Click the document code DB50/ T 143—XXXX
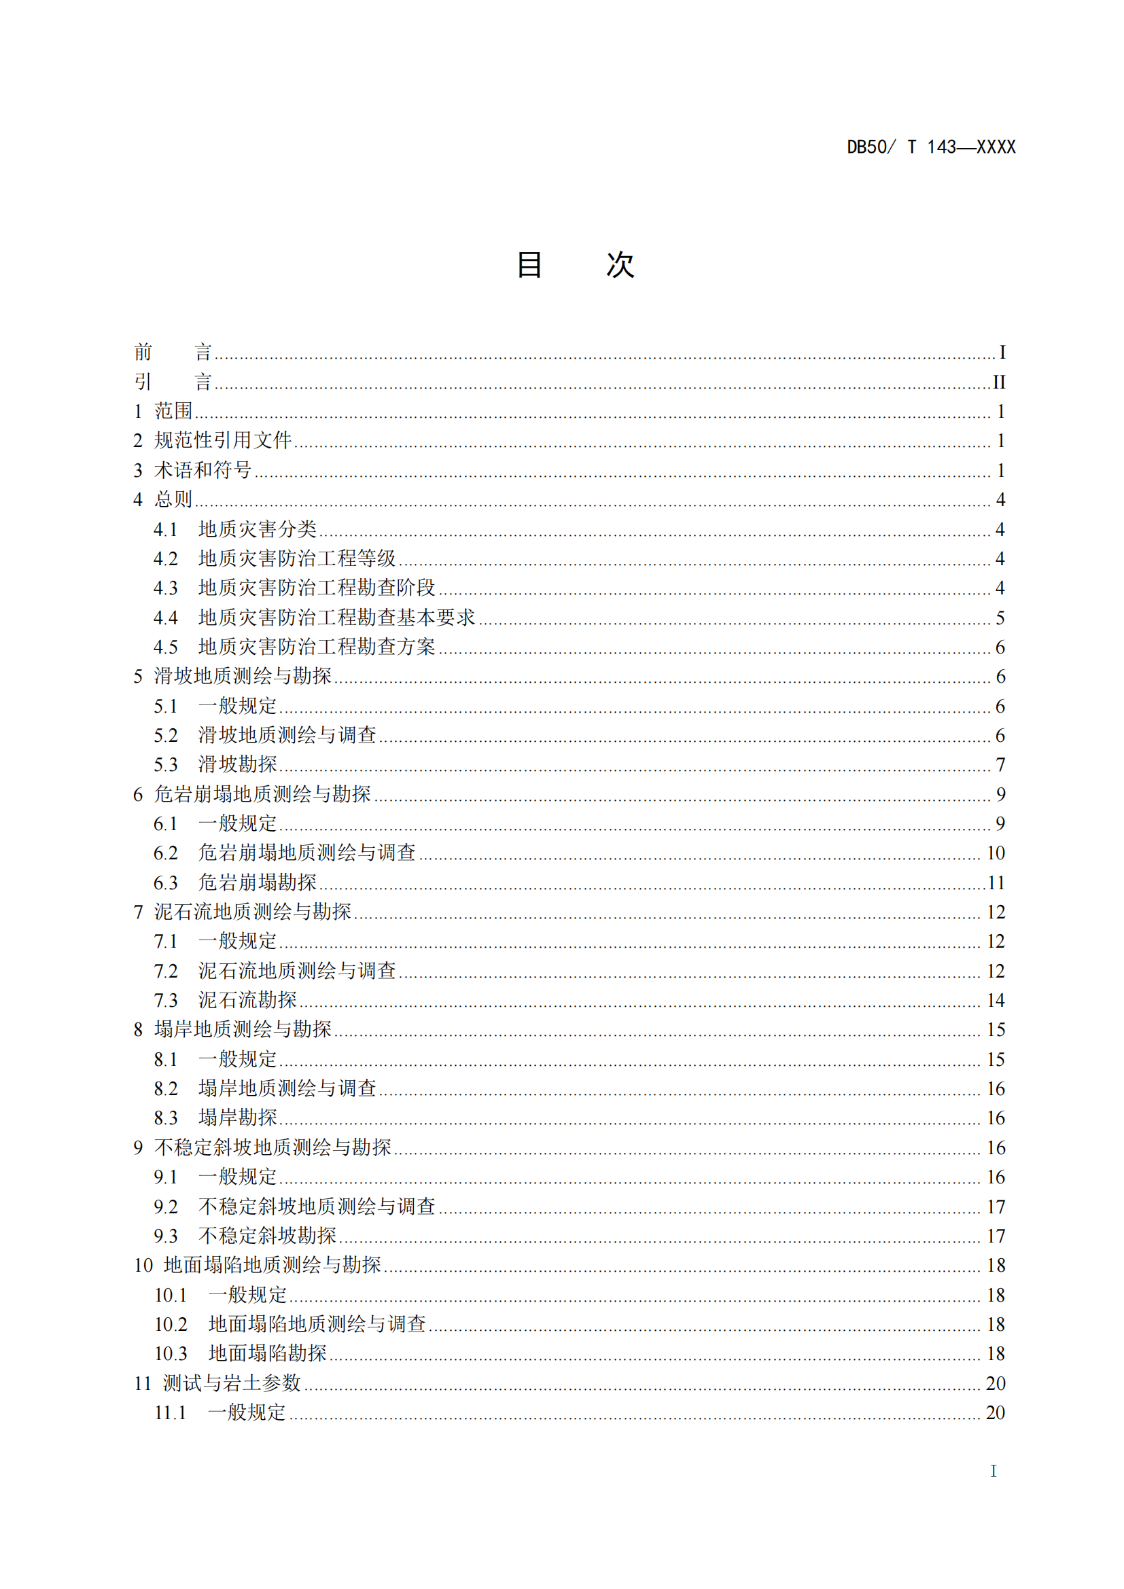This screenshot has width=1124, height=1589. (931, 147)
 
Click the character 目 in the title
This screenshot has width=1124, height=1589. (529, 264)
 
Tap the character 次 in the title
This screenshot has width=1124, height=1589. (620, 264)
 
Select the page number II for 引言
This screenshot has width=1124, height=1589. (999, 382)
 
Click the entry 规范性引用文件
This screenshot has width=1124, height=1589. (223, 440)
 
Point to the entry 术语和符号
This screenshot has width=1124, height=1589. (203, 470)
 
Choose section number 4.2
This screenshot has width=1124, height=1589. (165, 558)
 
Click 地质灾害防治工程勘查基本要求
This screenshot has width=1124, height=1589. (336, 618)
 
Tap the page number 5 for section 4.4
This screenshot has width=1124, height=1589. (1000, 618)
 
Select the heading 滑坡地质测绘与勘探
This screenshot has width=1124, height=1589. (242, 676)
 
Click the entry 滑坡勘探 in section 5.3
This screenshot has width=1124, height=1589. (237, 764)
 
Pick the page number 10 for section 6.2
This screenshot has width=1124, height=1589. (996, 853)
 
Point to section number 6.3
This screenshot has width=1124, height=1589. (165, 882)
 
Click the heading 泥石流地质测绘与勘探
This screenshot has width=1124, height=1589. (253, 912)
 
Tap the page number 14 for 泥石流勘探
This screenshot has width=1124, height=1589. (996, 1000)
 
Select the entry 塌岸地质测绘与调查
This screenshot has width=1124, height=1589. (287, 1088)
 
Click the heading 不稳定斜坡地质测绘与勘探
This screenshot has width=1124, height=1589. (273, 1147)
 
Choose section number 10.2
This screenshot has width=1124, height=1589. (171, 1324)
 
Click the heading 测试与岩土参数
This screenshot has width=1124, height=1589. (232, 1382)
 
